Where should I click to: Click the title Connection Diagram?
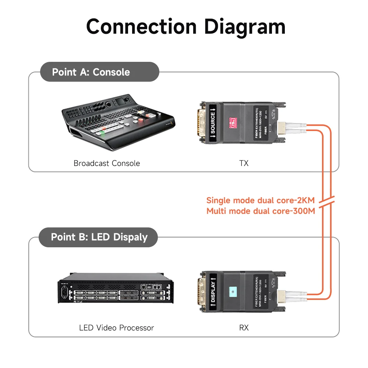pyautogui.click(x=185, y=27)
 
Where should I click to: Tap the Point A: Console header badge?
pyautogui.click(x=91, y=72)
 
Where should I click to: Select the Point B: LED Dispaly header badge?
pyautogui.click(x=99, y=237)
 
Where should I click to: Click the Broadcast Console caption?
pyautogui.click(x=107, y=163)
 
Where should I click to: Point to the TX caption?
pyautogui.click(x=244, y=163)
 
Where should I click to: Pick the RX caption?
pyautogui.click(x=244, y=327)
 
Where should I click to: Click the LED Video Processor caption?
pyautogui.click(x=116, y=327)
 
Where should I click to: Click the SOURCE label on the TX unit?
pyautogui.click(x=213, y=122)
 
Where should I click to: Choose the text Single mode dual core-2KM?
pyautogui.click(x=260, y=201)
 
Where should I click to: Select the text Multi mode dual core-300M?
pyautogui.click(x=261, y=211)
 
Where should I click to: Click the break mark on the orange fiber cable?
pyautogui.click(x=325, y=203)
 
